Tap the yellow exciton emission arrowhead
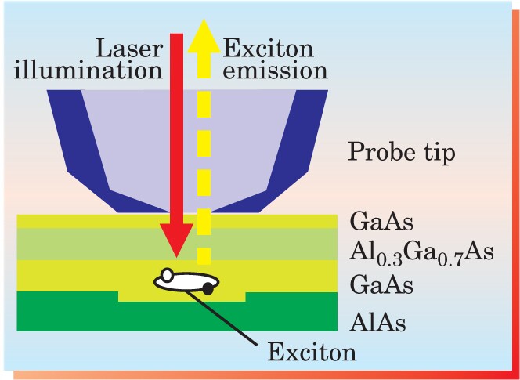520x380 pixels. (x=204, y=36)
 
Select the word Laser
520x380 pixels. (x=129, y=49)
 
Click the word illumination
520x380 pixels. (x=88, y=70)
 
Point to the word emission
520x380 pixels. (x=275, y=71)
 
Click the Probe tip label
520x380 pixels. (x=402, y=152)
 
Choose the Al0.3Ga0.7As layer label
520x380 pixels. (x=421, y=254)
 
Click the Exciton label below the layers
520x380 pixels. (x=312, y=353)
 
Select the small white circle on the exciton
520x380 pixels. (x=168, y=275)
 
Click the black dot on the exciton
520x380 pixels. (x=208, y=289)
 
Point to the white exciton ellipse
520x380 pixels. (x=186, y=282)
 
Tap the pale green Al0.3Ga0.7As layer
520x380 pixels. (x=177, y=244)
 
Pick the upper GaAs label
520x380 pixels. (x=381, y=223)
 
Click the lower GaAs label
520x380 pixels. (x=381, y=285)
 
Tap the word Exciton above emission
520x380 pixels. (x=268, y=49)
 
